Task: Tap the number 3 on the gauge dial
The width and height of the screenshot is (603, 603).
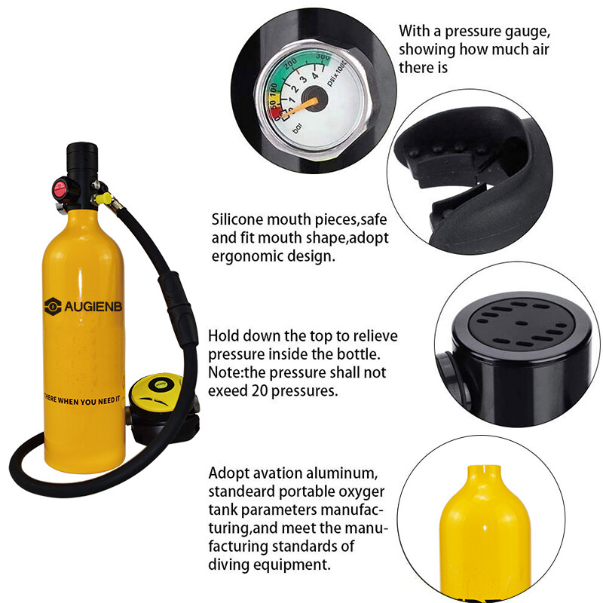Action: (304, 79)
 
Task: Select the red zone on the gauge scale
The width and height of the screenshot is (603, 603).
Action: (277, 113)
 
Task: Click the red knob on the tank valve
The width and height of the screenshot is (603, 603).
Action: (58, 185)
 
